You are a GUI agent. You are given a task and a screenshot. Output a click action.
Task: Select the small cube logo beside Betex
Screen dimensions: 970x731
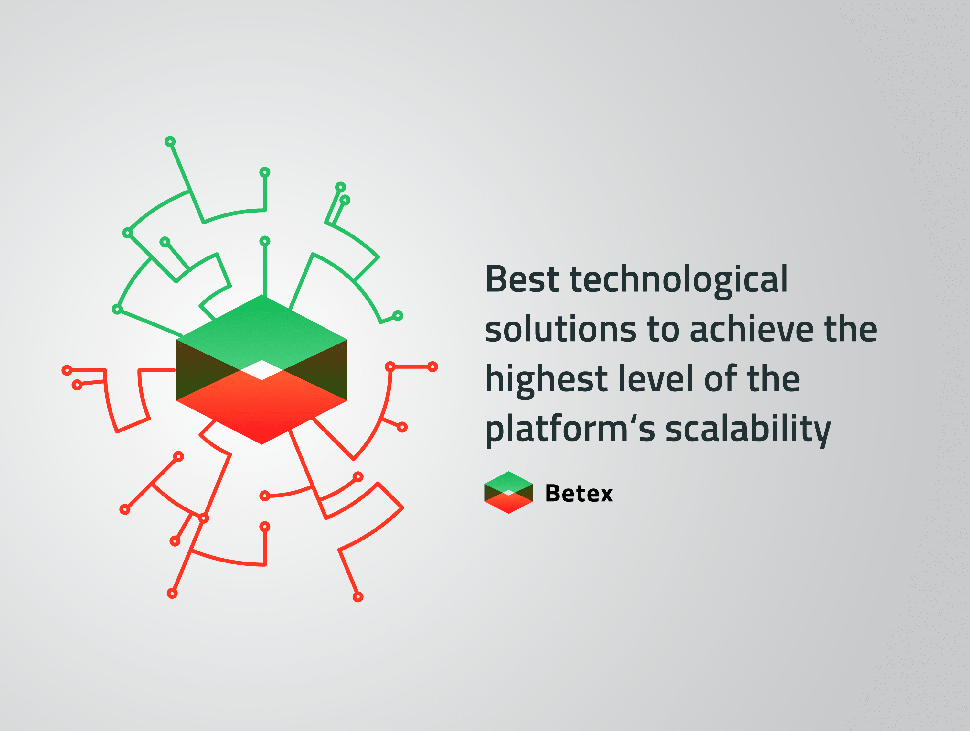(509, 492)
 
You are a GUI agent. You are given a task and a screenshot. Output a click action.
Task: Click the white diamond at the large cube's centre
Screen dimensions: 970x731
(262, 370)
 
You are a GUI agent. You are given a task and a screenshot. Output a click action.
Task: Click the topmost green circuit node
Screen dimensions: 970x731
(170, 142)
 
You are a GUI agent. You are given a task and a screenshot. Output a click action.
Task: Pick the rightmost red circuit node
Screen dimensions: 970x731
(432, 367)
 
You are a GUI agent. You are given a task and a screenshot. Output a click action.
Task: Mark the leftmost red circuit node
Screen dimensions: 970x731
(67, 371)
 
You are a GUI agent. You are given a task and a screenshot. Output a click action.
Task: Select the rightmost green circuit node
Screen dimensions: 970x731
(398, 315)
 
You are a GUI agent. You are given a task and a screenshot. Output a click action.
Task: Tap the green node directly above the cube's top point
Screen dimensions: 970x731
(265, 241)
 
